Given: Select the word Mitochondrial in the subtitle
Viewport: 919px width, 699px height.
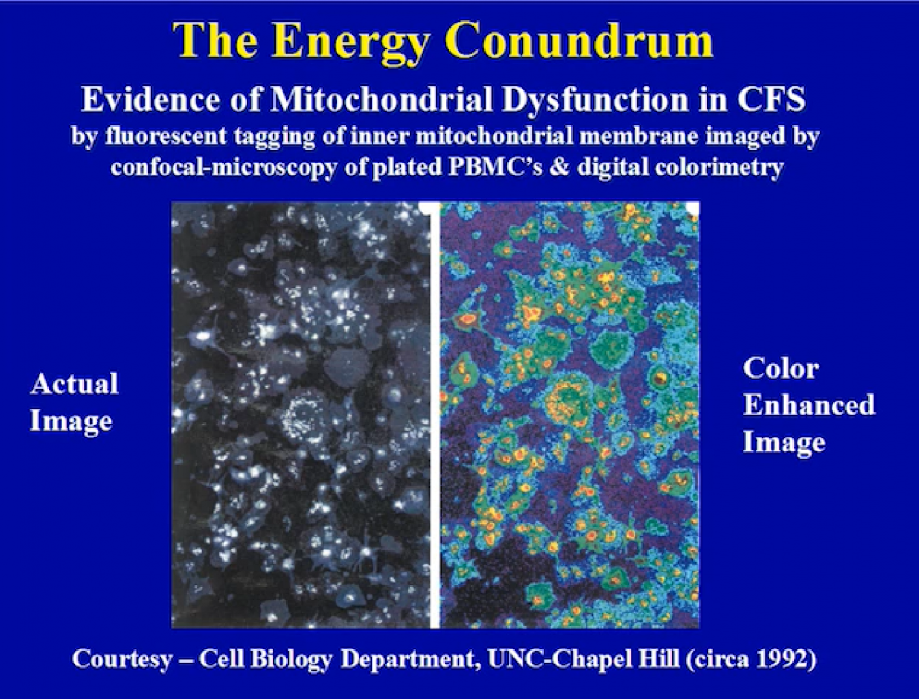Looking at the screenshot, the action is coord(379,100).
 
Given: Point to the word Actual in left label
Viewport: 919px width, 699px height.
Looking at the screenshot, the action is coord(74,384).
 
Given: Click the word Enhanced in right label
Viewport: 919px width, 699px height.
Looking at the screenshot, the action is coord(808,405).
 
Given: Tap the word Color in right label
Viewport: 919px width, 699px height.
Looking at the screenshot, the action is coord(781,369).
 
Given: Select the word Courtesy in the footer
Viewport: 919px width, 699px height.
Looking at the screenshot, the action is coord(122,660).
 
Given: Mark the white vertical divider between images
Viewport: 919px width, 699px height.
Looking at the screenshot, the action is coord(435,416).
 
